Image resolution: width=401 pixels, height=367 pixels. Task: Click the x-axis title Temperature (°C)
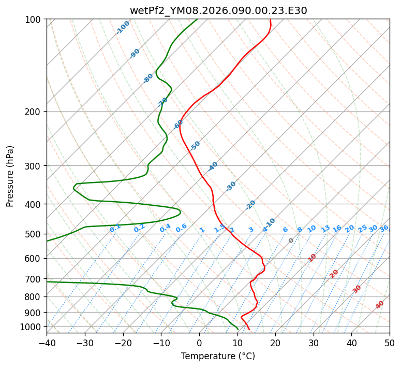[218, 357]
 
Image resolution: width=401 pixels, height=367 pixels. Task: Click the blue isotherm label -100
[123, 27]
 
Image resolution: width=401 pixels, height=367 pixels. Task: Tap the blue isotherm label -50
[195, 146]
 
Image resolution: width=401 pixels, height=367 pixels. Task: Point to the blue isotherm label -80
[148, 78]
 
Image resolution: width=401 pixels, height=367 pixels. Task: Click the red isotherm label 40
[380, 305]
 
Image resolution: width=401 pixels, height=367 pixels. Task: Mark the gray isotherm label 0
[291, 241]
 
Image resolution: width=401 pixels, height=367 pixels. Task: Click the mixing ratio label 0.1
[115, 228]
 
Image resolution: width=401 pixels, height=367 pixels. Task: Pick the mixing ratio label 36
[384, 228]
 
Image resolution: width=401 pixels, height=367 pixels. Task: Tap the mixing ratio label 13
[325, 229]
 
